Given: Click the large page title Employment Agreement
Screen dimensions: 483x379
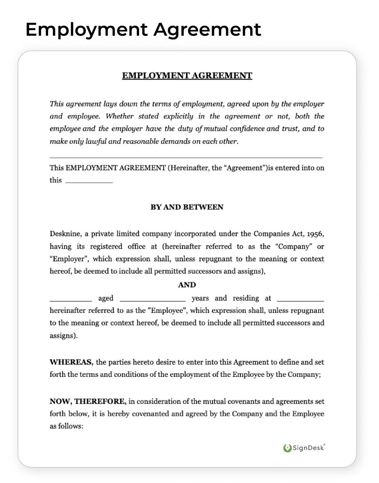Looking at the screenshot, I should coord(143,29).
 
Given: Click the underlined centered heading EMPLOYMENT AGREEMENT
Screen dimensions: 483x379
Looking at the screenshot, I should coord(187,75).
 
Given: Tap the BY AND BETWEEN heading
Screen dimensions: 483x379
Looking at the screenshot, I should coord(187,207).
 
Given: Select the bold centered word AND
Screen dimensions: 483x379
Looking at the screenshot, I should coord(187,285).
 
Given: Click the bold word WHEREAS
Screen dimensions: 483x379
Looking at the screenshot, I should coord(72,362).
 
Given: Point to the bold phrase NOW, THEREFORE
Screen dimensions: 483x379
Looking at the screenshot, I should coord(88,401).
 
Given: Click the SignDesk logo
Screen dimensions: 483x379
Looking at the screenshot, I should coord(304,448).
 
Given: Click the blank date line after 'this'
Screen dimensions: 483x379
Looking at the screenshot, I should coord(89,181).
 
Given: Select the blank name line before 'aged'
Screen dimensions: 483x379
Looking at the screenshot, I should coord(71,299).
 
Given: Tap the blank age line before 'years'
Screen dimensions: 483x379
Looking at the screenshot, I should coord(153,299).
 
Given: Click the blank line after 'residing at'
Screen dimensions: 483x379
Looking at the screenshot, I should coord(300,299).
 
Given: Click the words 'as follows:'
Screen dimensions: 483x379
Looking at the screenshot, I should coord(66,426).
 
